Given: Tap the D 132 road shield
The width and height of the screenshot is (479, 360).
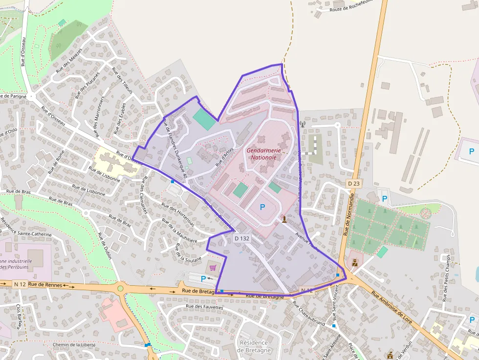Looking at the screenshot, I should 242,238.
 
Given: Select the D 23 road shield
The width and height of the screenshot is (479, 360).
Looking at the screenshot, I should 354,183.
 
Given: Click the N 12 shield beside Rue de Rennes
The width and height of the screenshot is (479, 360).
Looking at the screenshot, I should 20,284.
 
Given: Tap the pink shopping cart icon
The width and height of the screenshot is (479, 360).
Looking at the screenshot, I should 213,267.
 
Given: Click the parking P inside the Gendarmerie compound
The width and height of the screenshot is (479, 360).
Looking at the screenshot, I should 262,207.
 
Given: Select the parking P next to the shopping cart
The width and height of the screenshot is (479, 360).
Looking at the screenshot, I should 203,278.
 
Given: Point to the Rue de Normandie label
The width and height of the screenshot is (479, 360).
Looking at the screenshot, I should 348,213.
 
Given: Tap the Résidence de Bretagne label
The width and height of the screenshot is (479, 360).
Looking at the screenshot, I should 254,346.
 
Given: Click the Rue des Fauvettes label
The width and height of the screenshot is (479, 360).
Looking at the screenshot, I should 204,307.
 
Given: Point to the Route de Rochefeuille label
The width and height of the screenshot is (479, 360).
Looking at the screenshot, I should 351,5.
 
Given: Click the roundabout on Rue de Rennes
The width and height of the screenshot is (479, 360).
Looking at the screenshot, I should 120,288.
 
